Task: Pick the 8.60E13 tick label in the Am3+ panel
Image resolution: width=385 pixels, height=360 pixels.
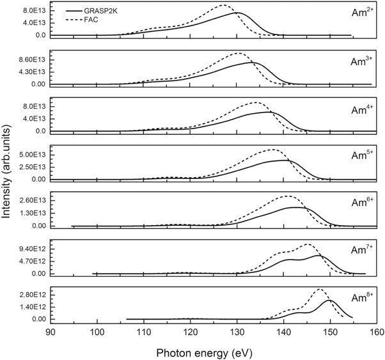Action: pyautogui.click(x=30, y=59)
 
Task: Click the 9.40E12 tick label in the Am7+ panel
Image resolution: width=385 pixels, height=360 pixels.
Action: pyautogui.click(x=30, y=249)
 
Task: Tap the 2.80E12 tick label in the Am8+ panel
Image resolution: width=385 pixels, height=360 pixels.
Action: pyautogui.click(x=30, y=295)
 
